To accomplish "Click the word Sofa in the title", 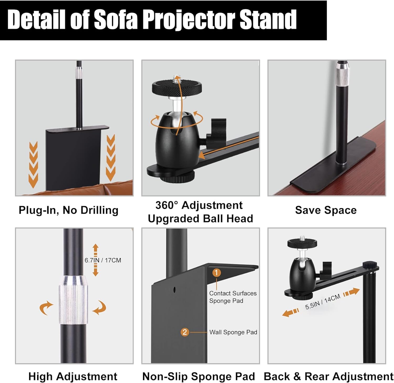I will pyautogui.click(x=116, y=20).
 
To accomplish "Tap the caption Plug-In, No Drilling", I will pyautogui.click(x=69, y=210).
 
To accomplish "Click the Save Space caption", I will pyautogui.click(x=326, y=210).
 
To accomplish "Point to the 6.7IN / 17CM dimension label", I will pyautogui.click(x=103, y=260).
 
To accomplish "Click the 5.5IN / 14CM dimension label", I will pyautogui.click(x=323, y=302).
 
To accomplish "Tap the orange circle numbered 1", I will pyautogui.click(x=216, y=273).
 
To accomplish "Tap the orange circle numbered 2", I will pyautogui.click(x=185, y=332).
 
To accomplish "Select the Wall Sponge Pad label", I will pyautogui.click(x=233, y=332).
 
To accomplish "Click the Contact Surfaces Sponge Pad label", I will pyautogui.click(x=233, y=297).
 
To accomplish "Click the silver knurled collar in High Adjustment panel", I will pyautogui.click(x=73, y=300).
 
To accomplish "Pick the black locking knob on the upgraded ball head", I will pyautogui.click(x=217, y=129).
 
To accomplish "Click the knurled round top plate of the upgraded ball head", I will pyautogui.click(x=177, y=87).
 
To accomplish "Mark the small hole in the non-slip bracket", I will pyautogui.click(x=174, y=290).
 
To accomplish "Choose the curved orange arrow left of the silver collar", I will pyautogui.click(x=46, y=308).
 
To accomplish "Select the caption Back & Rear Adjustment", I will pyautogui.click(x=328, y=376).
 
